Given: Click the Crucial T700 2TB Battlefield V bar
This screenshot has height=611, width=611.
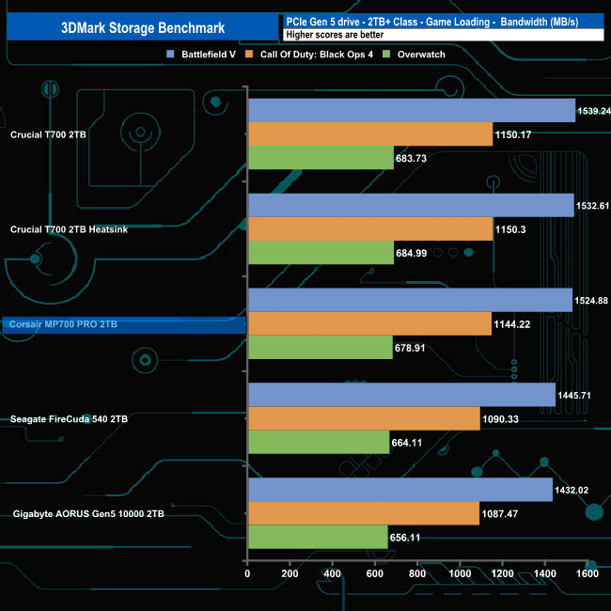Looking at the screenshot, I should (411, 111).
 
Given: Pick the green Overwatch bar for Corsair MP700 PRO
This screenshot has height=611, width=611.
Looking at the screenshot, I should (320, 347).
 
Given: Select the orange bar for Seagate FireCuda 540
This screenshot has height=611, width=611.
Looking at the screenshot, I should (364, 418).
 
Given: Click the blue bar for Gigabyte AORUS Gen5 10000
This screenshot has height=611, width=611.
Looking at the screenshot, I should (399, 490).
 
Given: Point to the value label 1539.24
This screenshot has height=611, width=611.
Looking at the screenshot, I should (593, 111).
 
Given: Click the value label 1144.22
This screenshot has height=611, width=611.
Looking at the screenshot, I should (512, 323).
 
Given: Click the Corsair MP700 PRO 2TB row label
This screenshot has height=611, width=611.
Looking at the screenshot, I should (75, 324).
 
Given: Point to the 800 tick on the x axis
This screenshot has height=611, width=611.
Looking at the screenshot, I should (416, 573).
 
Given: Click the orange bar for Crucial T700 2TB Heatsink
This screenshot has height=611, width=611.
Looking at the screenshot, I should (369, 229).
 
